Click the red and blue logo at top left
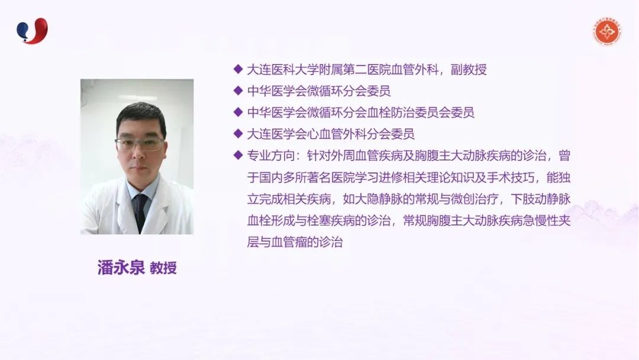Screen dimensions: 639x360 click(x=32, y=31)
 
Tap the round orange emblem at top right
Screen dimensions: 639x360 click(x=607, y=32)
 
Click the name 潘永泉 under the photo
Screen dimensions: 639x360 click(x=121, y=268)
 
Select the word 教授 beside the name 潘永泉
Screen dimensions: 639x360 click(x=163, y=268)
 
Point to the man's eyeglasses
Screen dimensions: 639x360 click(x=140, y=143)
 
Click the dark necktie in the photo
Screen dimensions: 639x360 click(x=141, y=212)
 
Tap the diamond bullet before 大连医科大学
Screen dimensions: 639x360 click(x=238, y=69)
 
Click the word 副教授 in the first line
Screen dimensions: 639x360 click(x=469, y=70)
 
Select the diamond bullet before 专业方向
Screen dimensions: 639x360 click(x=238, y=155)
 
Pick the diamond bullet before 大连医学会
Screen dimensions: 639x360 click(x=238, y=133)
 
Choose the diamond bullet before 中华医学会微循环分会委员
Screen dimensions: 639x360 click(x=238, y=91)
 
